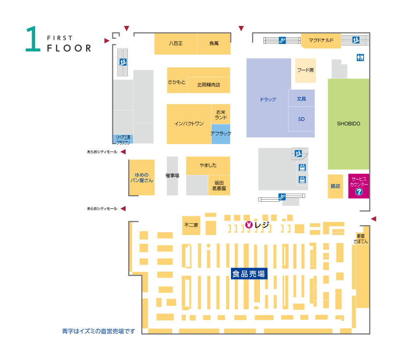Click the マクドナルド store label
click(x=321, y=40)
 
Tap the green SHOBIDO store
click(x=348, y=124)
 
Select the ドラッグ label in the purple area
click(x=268, y=99)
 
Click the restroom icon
click(x=360, y=57)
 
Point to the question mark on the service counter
click(x=359, y=192)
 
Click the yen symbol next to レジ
click(x=249, y=225)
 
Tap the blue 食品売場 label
click(x=249, y=273)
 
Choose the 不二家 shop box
click(x=191, y=225)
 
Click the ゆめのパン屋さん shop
click(x=142, y=178)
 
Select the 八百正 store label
click(x=176, y=44)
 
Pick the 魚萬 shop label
click(x=214, y=44)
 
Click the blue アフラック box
click(x=221, y=134)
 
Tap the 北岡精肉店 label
click(x=209, y=85)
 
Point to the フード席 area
click(x=305, y=70)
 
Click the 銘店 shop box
click(x=335, y=186)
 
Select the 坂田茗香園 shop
click(x=219, y=185)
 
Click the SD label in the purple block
click(x=301, y=119)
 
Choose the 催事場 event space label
click(x=173, y=176)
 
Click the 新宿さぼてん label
click(x=361, y=239)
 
